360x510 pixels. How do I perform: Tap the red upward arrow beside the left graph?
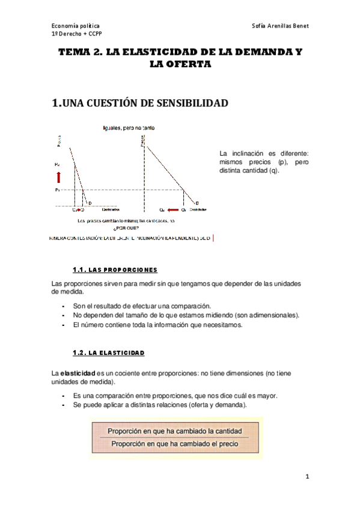click(x=59, y=176)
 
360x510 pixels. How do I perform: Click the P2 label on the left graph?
click(x=58, y=164)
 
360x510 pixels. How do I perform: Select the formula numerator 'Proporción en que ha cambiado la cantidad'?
click(x=174, y=431)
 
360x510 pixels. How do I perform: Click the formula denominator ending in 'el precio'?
click(x=174, y=444)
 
